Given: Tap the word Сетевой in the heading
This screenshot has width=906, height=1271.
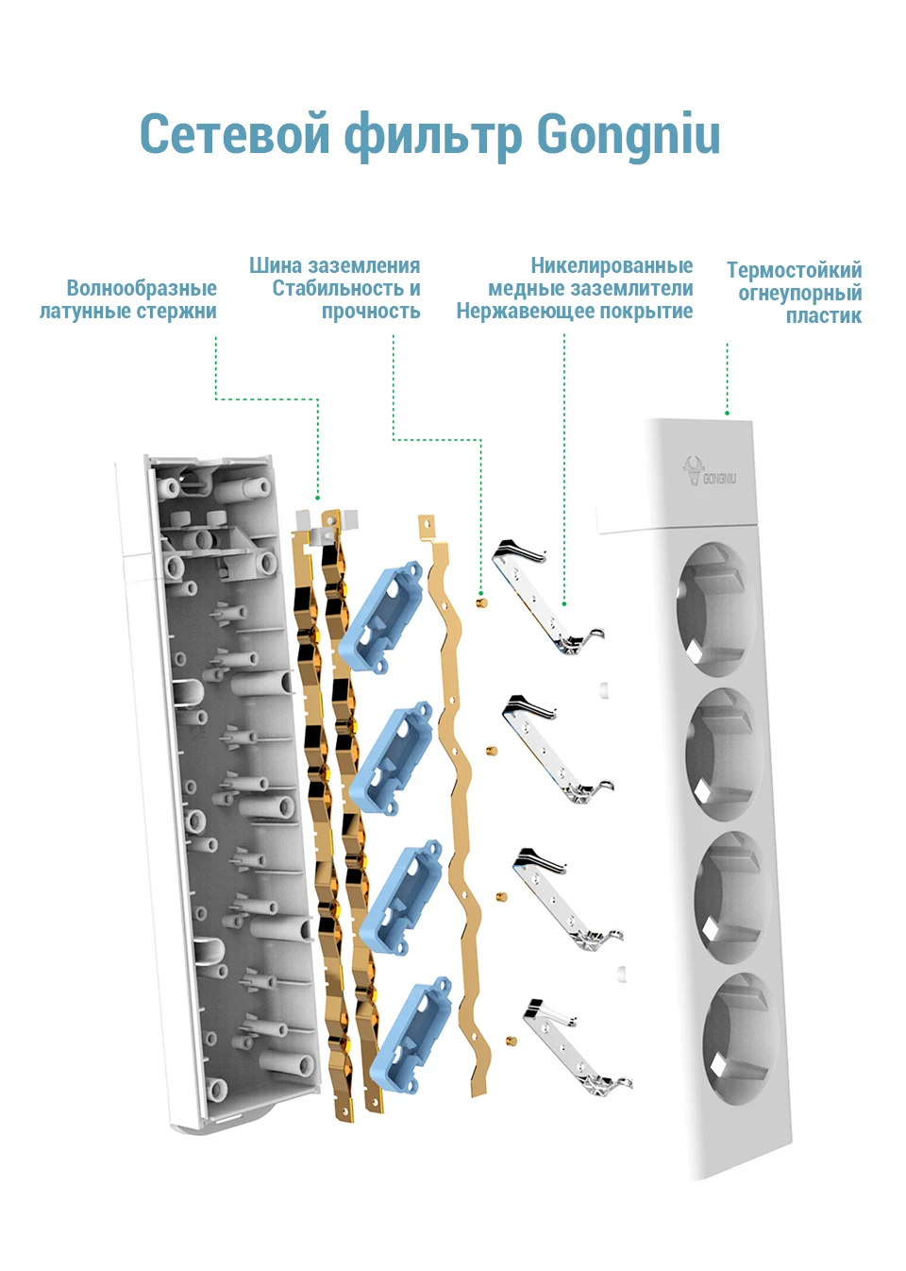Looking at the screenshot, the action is (234, 134).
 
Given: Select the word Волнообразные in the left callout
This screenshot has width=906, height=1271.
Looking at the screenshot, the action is (142, 288).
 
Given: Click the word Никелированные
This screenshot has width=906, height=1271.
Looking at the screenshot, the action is (612, 265).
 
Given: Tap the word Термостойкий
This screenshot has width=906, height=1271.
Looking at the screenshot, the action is (794, 270).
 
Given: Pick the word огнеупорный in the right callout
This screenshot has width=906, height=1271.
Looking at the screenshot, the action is (799, 294).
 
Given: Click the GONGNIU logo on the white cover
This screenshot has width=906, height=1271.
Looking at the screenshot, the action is (709, 471).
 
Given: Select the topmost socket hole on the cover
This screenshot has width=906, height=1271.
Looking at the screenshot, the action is (715, 609).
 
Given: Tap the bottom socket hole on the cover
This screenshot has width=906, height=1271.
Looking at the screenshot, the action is (742, 1038).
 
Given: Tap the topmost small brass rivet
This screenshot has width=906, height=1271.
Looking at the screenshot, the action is (481, 602).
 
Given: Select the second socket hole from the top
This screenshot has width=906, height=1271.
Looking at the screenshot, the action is (725, 754).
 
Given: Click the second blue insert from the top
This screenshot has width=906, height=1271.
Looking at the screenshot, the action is (391, 758).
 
